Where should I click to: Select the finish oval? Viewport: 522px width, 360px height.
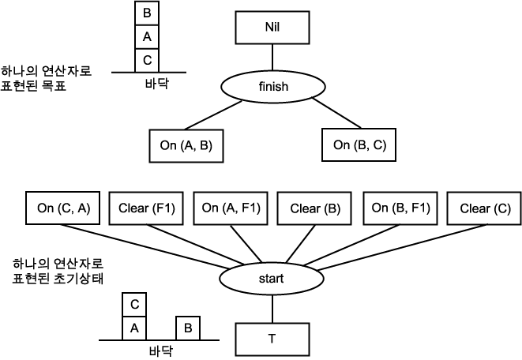[272, 87]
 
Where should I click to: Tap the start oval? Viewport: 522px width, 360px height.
[271, 279]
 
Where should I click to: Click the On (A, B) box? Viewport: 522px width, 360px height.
[186, 144]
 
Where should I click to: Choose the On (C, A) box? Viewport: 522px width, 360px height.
[63, 208]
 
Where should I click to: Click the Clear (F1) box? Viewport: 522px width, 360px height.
[147, 208]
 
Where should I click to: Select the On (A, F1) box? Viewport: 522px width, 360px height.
[231, 208]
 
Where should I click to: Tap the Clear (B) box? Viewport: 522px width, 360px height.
[315, 208]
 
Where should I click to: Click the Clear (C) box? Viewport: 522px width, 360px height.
[484, 208]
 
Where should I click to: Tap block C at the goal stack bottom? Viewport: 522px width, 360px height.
[147, 59]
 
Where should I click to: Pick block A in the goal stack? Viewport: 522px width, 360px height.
[147, 36]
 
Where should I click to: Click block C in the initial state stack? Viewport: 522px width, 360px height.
[134, 304]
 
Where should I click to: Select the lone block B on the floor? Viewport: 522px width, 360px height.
[187, 326]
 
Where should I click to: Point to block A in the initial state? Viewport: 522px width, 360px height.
[134, 326]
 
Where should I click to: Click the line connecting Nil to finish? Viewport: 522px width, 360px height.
[272, 58]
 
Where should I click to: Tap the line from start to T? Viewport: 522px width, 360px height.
[271, 308]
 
